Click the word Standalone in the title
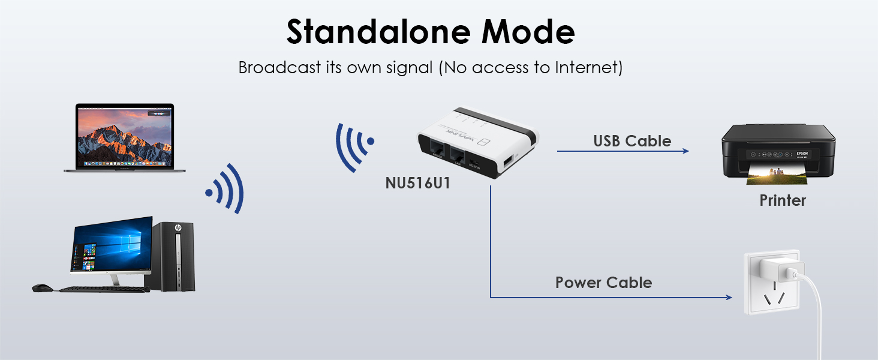click(x=363, y=32)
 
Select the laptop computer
click(x=125, y=138)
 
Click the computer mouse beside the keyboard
click(x=42, y=288)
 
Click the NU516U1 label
click(x=417, y=183)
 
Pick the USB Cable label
click(x=632, y=142)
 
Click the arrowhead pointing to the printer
click(x=685, y=151)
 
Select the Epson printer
click(x=778, y=150)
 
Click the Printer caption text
click(x=783, y=200)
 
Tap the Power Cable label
click(x=603, y=283)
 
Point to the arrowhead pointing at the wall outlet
click(x=729, y=298)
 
